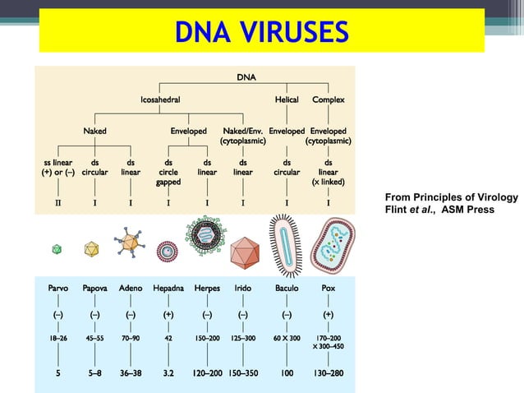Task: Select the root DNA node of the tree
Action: click(x=246, y=77)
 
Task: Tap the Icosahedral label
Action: click(x=159, y=99)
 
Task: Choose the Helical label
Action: click(x=286, y=99)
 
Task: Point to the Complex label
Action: click(x=329, y=99)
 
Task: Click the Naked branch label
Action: click(x=94, y=131)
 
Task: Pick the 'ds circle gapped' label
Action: click(x=168, y=172)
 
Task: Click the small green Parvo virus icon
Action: click(x=57, y=247)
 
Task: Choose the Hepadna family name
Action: click(x=168, y=289)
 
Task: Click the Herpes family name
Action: click(x=207, y=289)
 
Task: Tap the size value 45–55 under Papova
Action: click(x=94, y=338)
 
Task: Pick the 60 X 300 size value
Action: click(x=287, y=338)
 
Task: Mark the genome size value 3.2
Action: click(x=168, y=372)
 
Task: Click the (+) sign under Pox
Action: click(x=329, y=314)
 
